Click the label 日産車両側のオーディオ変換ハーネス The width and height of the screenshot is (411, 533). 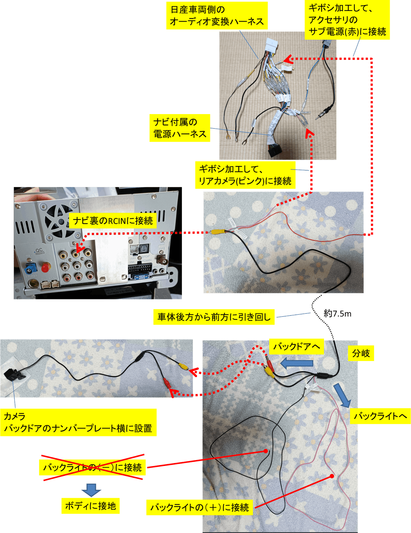217,16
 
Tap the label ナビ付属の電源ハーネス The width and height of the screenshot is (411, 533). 180,128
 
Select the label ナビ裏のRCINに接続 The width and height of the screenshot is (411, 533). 113,221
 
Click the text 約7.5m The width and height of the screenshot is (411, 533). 337,313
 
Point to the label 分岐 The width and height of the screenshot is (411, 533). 361,353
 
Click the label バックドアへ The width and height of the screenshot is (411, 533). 297,346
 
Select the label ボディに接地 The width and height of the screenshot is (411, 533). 90,506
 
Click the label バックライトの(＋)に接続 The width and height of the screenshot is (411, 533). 200,507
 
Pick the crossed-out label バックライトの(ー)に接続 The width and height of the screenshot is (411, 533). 92,468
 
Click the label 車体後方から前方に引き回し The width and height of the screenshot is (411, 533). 214,317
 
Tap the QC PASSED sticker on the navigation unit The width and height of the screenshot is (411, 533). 39,251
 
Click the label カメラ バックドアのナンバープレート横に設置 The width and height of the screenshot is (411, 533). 78,422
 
